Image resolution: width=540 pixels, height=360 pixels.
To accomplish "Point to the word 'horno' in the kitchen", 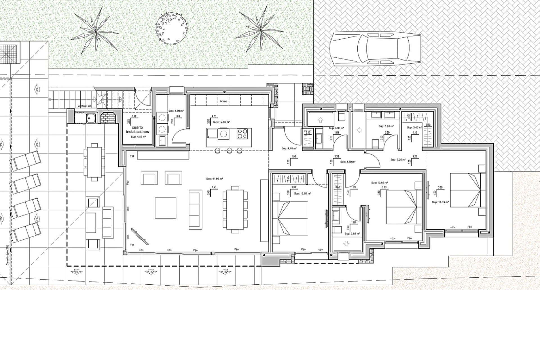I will coord(224,101).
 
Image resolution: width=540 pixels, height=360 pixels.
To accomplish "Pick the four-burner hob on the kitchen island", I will coord(242,133).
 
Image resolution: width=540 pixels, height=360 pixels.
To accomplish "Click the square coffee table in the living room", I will coord(165,208).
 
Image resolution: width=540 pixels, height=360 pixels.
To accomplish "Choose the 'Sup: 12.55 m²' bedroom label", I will coord(302,193).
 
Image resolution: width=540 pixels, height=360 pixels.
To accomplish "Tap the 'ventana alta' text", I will coord(85,106).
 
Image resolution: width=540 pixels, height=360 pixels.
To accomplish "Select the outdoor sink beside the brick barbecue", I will coord(90,117).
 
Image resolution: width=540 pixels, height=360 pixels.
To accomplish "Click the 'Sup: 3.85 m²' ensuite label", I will coord(352,234).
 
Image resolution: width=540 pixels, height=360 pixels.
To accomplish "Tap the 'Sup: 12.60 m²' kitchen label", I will coord(221,122).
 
